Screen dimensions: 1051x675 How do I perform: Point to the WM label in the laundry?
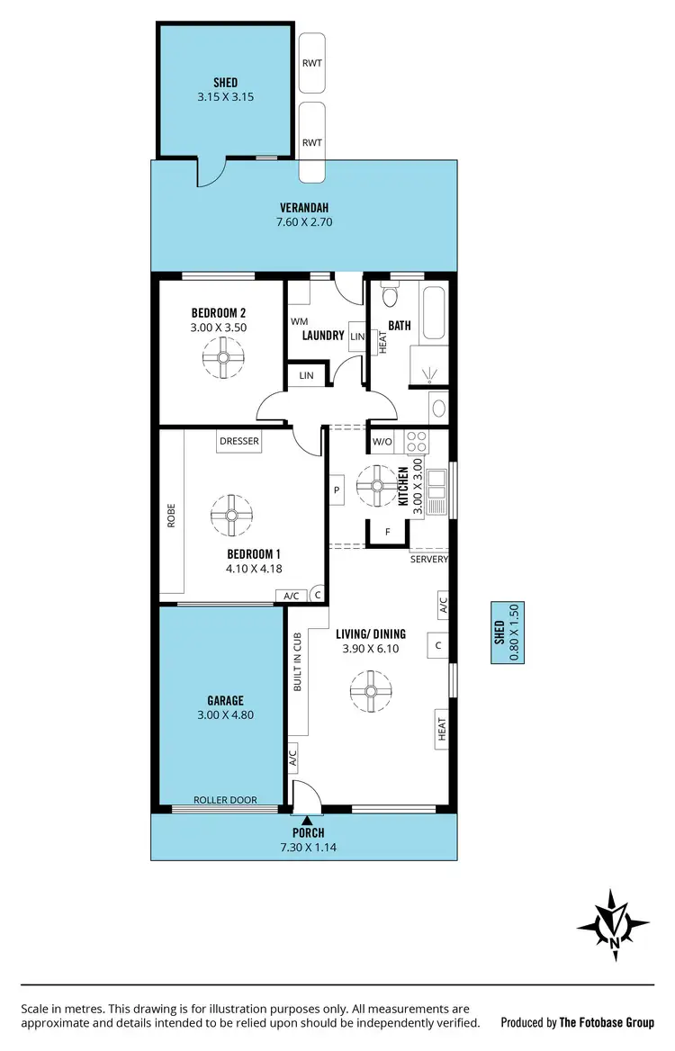299,321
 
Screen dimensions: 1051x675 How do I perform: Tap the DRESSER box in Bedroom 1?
239,441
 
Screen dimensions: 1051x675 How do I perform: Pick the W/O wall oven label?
382,442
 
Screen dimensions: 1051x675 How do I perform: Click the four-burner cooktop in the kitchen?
417,442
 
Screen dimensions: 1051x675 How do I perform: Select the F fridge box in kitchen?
387,532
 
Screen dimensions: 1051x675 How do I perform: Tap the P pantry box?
336,490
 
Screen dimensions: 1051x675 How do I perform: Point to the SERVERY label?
428,559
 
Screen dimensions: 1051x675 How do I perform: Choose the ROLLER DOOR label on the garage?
225,800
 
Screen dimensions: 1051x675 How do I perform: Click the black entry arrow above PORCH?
308,820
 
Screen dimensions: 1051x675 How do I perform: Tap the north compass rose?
613,925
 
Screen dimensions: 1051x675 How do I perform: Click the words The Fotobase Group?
607,1022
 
